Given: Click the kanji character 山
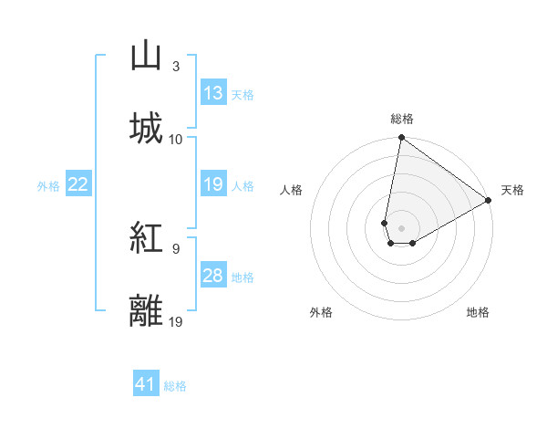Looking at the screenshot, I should click(x=146, y=58).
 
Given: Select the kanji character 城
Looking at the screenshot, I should click(x=146, y=128).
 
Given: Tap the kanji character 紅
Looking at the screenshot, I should click(x=146, y=239).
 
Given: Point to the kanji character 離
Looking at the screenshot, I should click(x=146, y=310).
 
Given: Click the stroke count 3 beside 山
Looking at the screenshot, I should click(x=175, y=67).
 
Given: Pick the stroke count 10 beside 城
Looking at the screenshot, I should click(x=176, y=139).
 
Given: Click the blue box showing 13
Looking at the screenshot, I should click(x=213, y=92).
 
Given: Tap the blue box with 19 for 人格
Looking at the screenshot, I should click(x=213, y=185).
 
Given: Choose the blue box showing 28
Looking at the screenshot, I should click(x=213, y=277).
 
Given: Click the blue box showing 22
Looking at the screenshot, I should click(x=77, y=185).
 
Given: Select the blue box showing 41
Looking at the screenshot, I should click(x=146, y=385).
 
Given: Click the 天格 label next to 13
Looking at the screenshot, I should click(x=243, y=94).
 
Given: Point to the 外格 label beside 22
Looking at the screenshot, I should click(x=48, y=186).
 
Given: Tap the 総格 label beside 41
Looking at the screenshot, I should click(x=175, y=386).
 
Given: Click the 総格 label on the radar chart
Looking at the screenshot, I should click(x=402, y=119).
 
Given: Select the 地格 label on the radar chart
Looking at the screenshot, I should click(x=478, y=312).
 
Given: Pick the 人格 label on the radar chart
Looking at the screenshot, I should click(x=292, y=190).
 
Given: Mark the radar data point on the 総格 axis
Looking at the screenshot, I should click(x=401, y=139).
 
